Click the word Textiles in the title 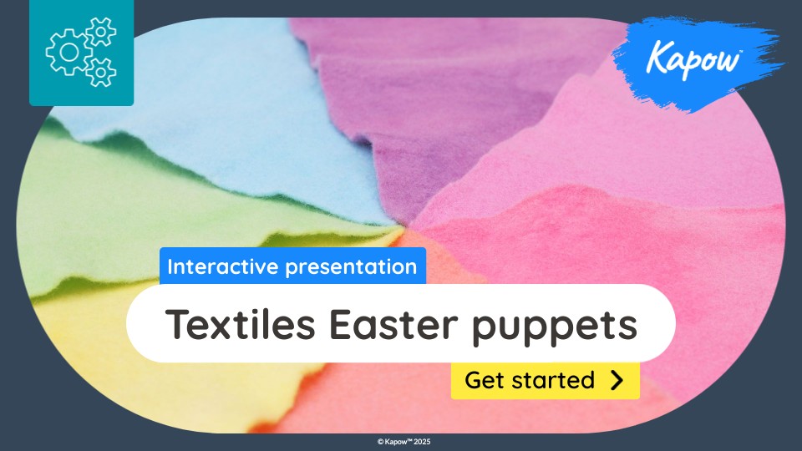click(x=240, y=324)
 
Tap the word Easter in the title click(x=393, y=324)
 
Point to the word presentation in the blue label click(x=351, y=267)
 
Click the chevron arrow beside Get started click(x=617, y=380)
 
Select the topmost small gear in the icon click(x=101, y=33)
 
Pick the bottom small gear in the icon click(x=101, y=72)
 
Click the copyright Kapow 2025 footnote click(x=404, y=441)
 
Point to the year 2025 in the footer click(x=423, y=441)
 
